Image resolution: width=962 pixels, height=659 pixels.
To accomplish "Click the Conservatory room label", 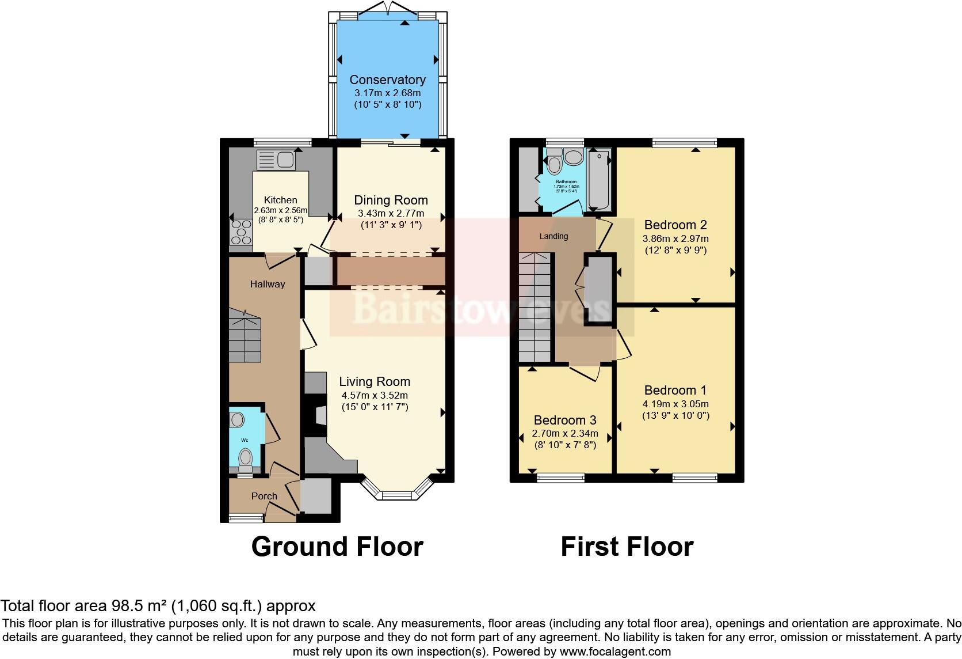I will pyautogui.click(x=387, y=80).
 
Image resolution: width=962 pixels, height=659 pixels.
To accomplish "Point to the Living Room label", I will pyautogui.click(x=374, y=381).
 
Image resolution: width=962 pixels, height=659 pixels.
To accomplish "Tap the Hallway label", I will pyautogui.click(x=268, y=284).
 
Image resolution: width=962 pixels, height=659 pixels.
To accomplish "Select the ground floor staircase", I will pyautogui.click(x=245, y=336).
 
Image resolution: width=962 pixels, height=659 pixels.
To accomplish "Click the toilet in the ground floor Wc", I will pyautogui.click(x=246, y=459).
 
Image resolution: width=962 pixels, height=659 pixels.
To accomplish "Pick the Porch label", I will pyautogui.click(x=264, y=496).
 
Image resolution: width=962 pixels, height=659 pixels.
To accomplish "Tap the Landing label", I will pyautogui.click(x=553, y=236).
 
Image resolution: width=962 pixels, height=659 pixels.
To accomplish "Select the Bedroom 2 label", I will pyautogui.click(x=675, y=225).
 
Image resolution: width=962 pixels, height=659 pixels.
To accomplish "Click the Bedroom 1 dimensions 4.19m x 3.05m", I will pyautogui.click(x=675, y=404).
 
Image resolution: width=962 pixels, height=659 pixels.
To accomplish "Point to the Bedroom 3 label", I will pyautogui.click(x=564, y=421).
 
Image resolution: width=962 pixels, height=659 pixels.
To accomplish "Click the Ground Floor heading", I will pyautogui.click(x=337, y=546).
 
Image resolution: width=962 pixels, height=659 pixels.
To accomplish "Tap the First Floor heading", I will pyautogui.click(x=627, y=546).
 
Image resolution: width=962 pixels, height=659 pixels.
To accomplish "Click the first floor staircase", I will pyautogui.click(x=535, y=308).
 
